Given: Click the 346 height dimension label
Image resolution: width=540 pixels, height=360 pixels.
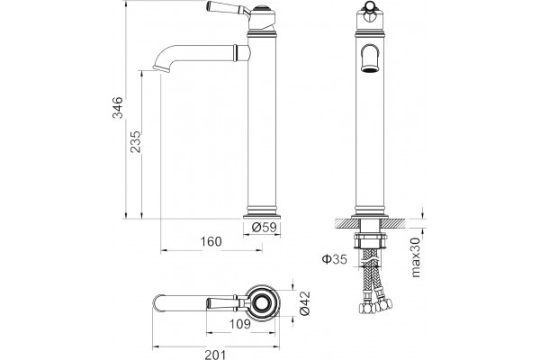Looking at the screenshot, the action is coord(117,107).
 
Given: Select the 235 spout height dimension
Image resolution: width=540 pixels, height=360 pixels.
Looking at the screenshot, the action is coord(135,141).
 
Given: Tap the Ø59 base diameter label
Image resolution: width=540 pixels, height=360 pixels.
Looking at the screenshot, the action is coord(264,228).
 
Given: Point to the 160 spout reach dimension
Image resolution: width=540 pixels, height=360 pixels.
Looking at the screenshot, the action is coord(211,241).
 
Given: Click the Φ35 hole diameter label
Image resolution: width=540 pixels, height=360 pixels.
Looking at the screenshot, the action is coord(335,258).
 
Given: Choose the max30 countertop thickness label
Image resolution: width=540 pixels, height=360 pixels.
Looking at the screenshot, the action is coord(416,257).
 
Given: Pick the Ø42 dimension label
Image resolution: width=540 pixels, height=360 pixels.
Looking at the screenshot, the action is coord(305,303).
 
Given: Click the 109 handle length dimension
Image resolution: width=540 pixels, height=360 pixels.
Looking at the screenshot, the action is coord(240,323).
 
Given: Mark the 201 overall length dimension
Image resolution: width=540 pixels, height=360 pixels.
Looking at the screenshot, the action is coord(216,355).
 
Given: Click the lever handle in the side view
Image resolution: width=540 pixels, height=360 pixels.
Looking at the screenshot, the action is coord(229,9).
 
